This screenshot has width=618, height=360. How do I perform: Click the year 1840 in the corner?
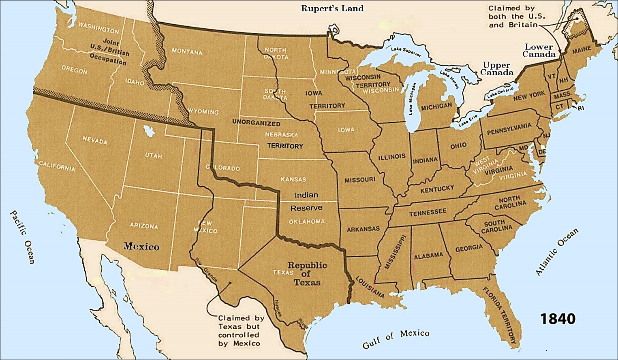click(557, 319)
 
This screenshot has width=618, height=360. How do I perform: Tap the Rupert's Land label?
click(332, 9)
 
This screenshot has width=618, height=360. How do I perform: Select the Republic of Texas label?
click(307, 274)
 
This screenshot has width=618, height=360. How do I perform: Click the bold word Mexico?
click(141, 246)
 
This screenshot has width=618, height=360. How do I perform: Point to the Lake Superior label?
click(406, 52)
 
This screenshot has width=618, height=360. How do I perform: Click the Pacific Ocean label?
click(23, 237)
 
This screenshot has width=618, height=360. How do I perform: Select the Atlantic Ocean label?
click(557, 252)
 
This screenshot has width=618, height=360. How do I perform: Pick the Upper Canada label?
click(498, 69)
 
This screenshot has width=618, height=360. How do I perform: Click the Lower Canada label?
click(539, 51)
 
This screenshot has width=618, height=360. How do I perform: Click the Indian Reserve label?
click(306, 201)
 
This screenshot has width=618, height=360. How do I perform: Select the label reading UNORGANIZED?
click(256, 123)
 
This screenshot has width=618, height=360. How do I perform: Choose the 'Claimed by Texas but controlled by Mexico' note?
click(239, 330)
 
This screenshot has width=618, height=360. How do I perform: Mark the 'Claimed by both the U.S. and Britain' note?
click(517, 16)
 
